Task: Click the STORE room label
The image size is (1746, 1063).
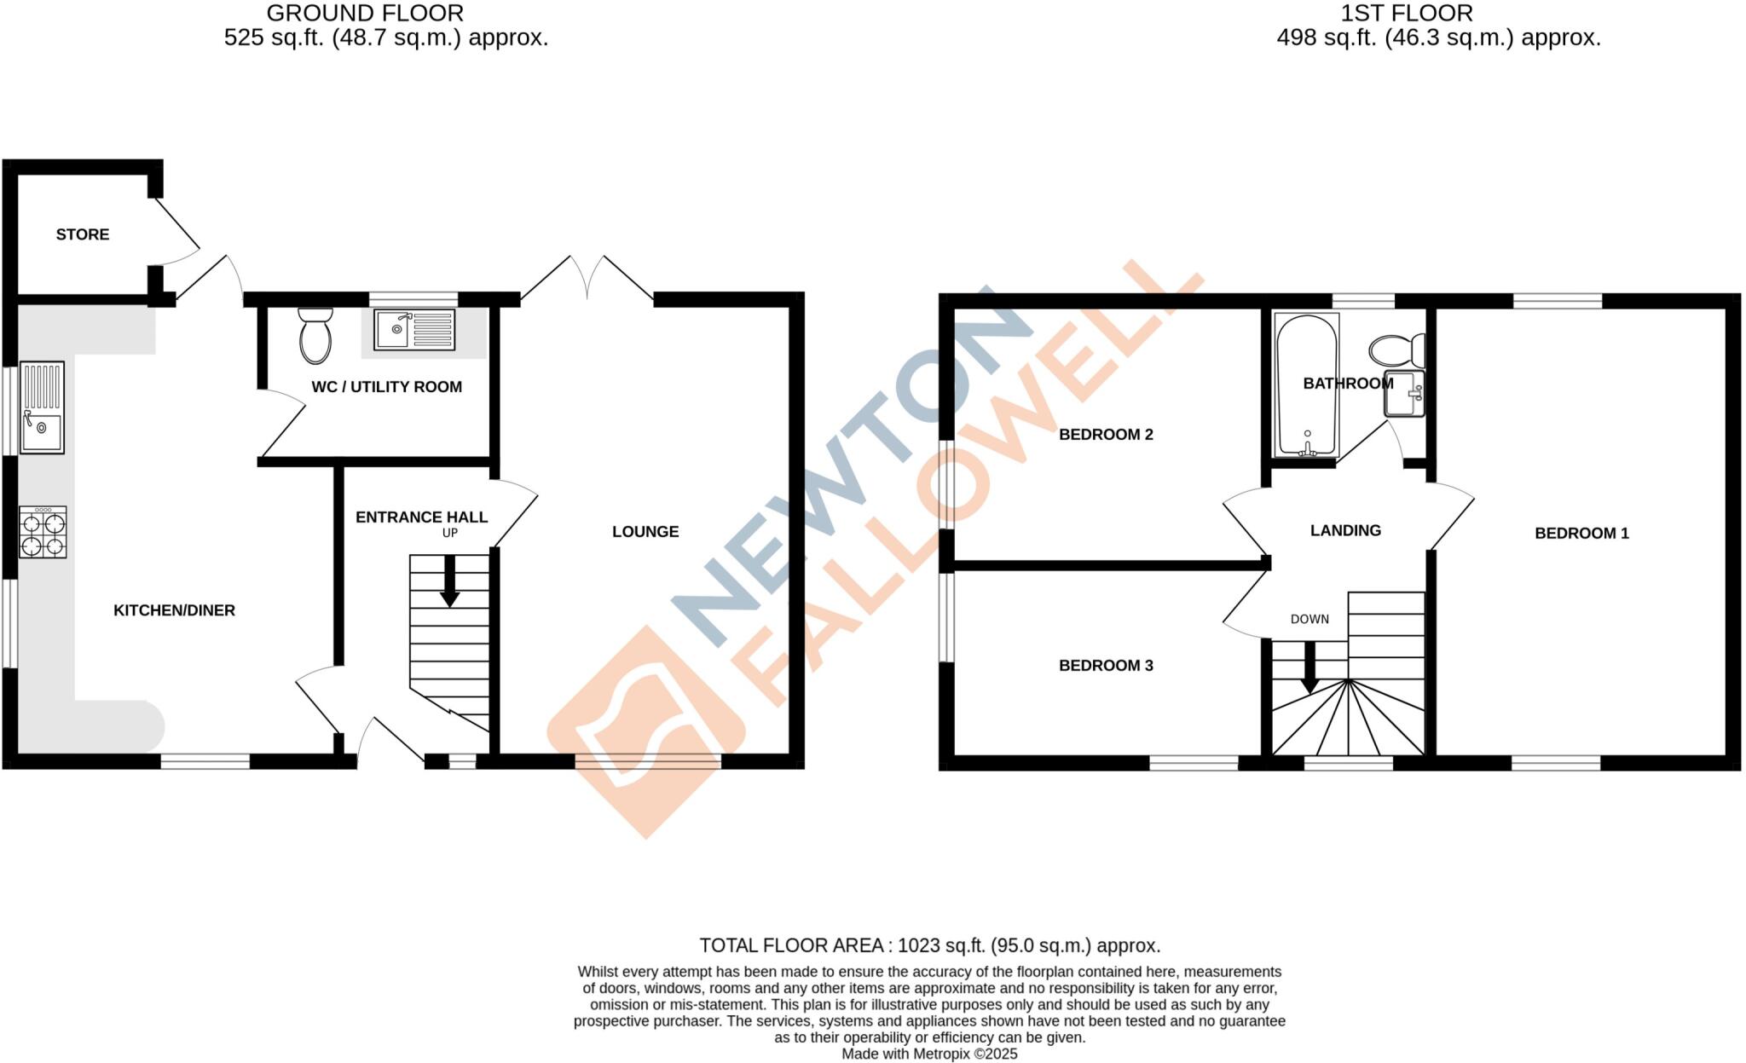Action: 83,234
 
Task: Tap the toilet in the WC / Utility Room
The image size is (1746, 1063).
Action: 315,336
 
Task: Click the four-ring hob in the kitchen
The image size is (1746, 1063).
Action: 43,532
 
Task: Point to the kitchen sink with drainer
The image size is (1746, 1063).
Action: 42,407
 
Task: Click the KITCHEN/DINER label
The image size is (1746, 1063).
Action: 174,610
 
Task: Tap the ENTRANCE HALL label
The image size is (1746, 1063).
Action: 421,517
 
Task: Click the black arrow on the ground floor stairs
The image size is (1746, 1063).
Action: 449,582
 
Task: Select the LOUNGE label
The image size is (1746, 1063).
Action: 645,532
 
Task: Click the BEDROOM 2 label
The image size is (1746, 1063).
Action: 1106,435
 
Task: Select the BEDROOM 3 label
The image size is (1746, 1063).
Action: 1106,666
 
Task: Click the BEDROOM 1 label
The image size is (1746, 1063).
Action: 1581,534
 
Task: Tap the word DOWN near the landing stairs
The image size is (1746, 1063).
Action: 1309,619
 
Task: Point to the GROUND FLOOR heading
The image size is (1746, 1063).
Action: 365,14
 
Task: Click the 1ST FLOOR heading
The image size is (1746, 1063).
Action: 1406,14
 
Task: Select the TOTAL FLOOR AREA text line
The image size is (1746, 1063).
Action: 929,945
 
